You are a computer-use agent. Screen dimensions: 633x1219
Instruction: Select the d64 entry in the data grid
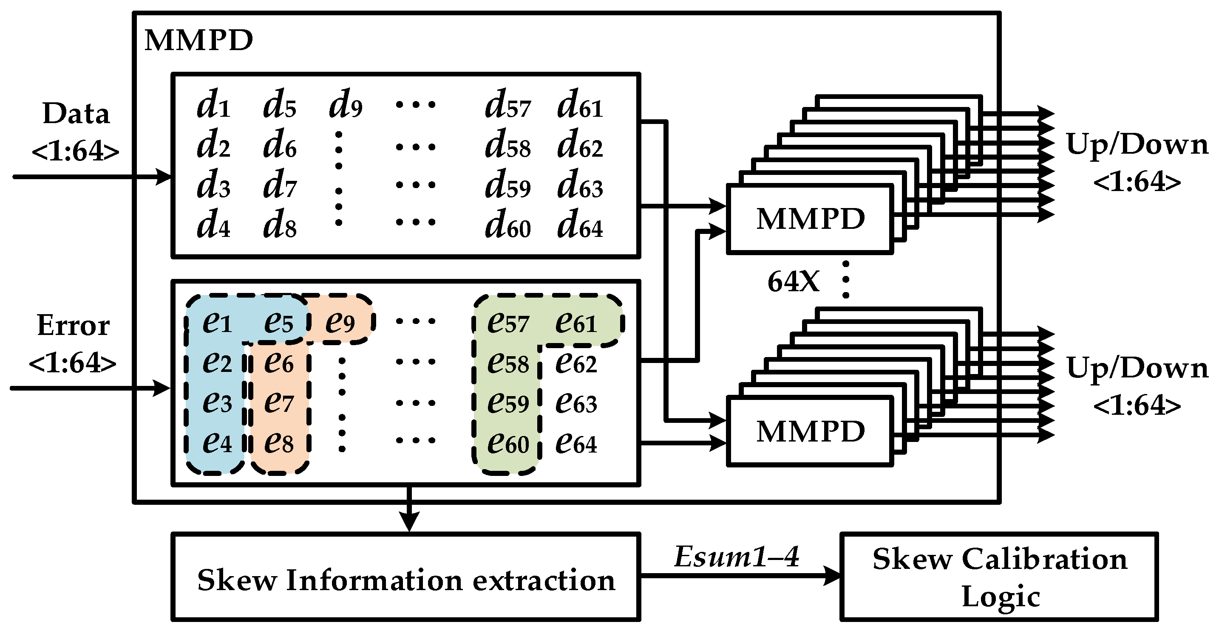pyautogui.click(x=580, y=224)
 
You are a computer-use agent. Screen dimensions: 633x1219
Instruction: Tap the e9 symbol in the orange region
pyautogui.click(x=340, y=322)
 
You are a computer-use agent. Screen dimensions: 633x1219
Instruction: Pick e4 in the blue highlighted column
pyautogui.click(x=217, y=442)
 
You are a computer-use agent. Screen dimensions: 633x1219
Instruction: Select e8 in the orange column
pyautogui.click(x=279, y=442)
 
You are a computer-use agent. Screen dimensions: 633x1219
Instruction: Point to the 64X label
pyautogui.click(x=793, y=282)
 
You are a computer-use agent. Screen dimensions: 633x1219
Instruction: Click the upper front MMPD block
pyautogui.click(x=810, y=219)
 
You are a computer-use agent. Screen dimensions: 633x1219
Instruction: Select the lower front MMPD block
pyautogui.click(x=810, y=431)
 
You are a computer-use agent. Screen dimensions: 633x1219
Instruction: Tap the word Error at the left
pyautogui.click(x=74, y=325)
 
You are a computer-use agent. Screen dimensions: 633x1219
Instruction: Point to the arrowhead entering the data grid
pyautogui.click(x=164, y=177)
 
